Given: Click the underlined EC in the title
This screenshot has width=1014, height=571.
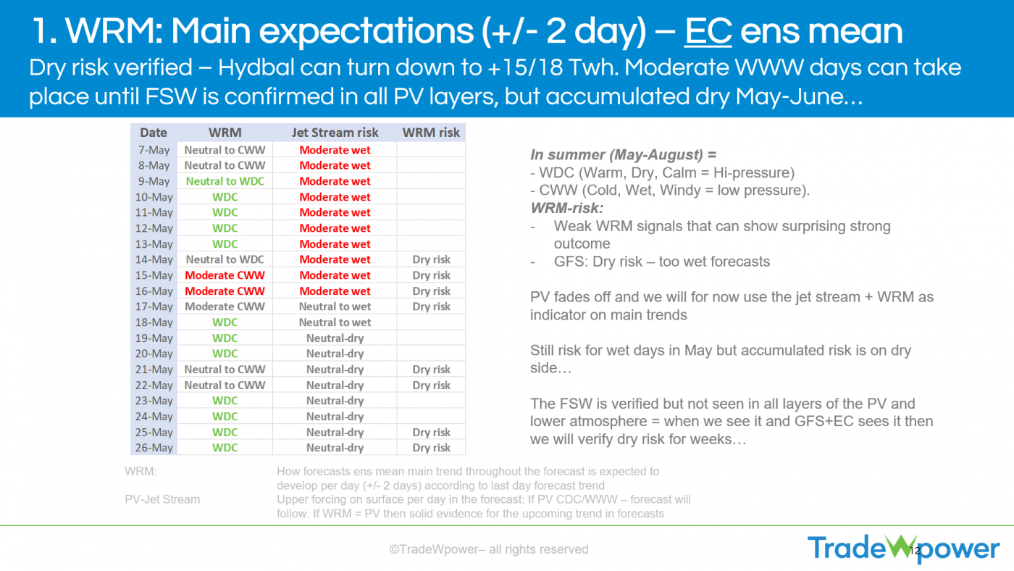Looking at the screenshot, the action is (708, 31).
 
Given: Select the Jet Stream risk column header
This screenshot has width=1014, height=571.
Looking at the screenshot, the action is (335, 132).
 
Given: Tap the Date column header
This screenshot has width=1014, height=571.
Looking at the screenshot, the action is (154, 132).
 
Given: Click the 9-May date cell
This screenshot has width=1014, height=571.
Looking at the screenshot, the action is (154, 181).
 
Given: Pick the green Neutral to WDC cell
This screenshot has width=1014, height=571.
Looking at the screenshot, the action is (225, 181).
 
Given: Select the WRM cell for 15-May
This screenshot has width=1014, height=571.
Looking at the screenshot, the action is (225, 275).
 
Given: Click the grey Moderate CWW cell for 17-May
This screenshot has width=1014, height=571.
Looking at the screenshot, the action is (225, 307).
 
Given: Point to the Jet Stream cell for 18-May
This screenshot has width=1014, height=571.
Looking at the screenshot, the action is (335, 322).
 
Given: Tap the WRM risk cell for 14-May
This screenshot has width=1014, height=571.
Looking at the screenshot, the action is (432, 259).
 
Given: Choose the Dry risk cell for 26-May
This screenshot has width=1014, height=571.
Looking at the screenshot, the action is (432, 448).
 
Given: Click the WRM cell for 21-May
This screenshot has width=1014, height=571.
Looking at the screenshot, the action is (225, 370).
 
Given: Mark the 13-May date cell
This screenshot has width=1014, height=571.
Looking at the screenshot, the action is (154, 244).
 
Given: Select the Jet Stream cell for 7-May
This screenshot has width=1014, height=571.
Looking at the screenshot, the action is (335, 150).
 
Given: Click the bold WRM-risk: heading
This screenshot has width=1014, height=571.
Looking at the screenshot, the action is (566, 208).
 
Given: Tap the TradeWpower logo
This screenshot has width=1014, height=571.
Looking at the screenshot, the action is (904, 549).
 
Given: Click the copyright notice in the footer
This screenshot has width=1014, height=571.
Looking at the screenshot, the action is (489, 549).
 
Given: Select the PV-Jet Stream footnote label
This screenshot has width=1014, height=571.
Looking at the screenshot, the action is (162, 499).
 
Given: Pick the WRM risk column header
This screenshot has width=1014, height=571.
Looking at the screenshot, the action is (431, 132).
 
